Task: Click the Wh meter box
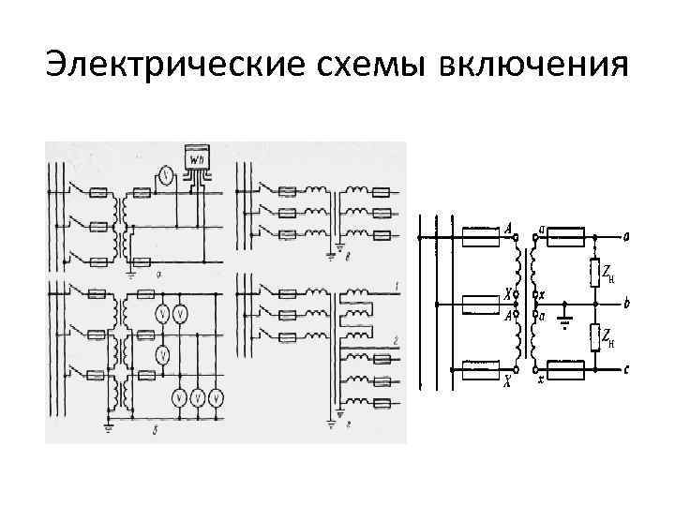[x=198, y=160]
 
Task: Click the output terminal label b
[x=626, y=305]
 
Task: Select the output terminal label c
[x=626, y=370]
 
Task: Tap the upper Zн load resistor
[x=594, y=271]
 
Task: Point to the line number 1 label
[x=397, y=284]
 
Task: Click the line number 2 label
[x=397, y=339]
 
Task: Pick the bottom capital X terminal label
[x=507, y=381]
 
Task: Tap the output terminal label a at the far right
[x=626, y=236]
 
